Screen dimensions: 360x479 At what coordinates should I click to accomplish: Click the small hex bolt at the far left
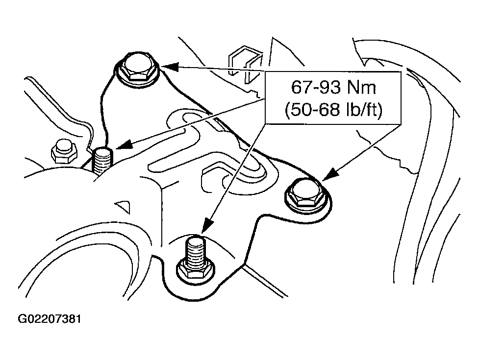pyautogui.click(x=63, y=151)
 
